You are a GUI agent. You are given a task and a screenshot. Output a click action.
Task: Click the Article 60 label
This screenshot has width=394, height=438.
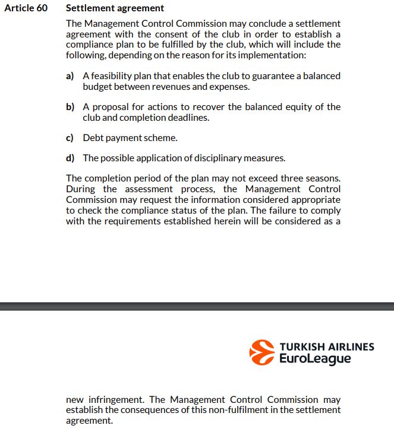[26, 9]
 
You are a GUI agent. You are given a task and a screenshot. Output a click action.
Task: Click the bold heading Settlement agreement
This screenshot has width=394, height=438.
[115, 9]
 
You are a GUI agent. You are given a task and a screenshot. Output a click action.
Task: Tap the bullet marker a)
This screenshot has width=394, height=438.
[70, 76]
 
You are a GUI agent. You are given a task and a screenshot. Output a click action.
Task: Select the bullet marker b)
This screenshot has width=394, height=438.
[70, 107]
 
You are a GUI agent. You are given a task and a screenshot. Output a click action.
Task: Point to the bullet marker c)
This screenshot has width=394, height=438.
[70, 138]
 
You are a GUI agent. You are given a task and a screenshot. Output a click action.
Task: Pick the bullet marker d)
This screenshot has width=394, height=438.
[70, 158]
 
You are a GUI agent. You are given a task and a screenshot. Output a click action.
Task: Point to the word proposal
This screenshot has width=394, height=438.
[112, 107]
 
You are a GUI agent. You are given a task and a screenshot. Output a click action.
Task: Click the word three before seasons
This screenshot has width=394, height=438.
[288, 179]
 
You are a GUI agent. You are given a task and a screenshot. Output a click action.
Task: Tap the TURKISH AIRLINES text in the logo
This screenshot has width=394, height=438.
[327, 346]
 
